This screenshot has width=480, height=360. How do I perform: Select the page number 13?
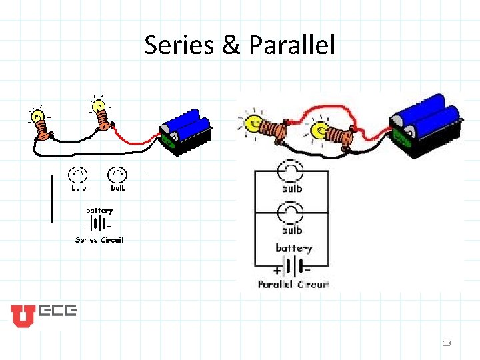(446, 343)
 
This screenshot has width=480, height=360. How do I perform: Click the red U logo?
(21, 316)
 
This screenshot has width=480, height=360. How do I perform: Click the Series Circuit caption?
(99, 239)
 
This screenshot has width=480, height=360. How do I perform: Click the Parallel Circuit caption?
(293, 284)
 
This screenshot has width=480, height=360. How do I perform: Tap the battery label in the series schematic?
(99, 210)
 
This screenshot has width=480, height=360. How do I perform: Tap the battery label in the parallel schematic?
(293, 248)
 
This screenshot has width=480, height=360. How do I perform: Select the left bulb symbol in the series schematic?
(79, 175)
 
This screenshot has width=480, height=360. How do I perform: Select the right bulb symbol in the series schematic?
(118, 175)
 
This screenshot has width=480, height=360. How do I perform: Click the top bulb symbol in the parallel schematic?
(291, 171)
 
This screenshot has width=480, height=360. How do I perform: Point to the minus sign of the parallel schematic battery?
(307, 271)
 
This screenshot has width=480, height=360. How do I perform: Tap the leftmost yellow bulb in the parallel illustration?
(254, 123)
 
